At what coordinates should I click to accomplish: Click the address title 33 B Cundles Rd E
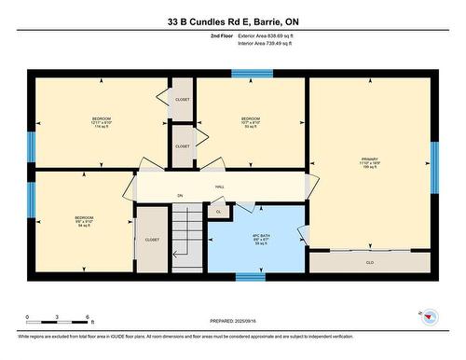pos(233,21)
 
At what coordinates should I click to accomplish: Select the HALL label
pos(220,187)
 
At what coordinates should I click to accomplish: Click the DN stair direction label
pos(179,195)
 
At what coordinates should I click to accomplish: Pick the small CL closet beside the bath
pos(218,212)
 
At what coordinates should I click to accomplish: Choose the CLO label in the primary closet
pos(370,263)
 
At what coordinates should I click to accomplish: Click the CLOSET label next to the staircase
pos(152,240)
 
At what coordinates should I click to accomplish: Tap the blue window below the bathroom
pos(250,276)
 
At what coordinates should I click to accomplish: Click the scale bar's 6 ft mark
pos(87,318)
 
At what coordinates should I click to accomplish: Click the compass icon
pos(428,316)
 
